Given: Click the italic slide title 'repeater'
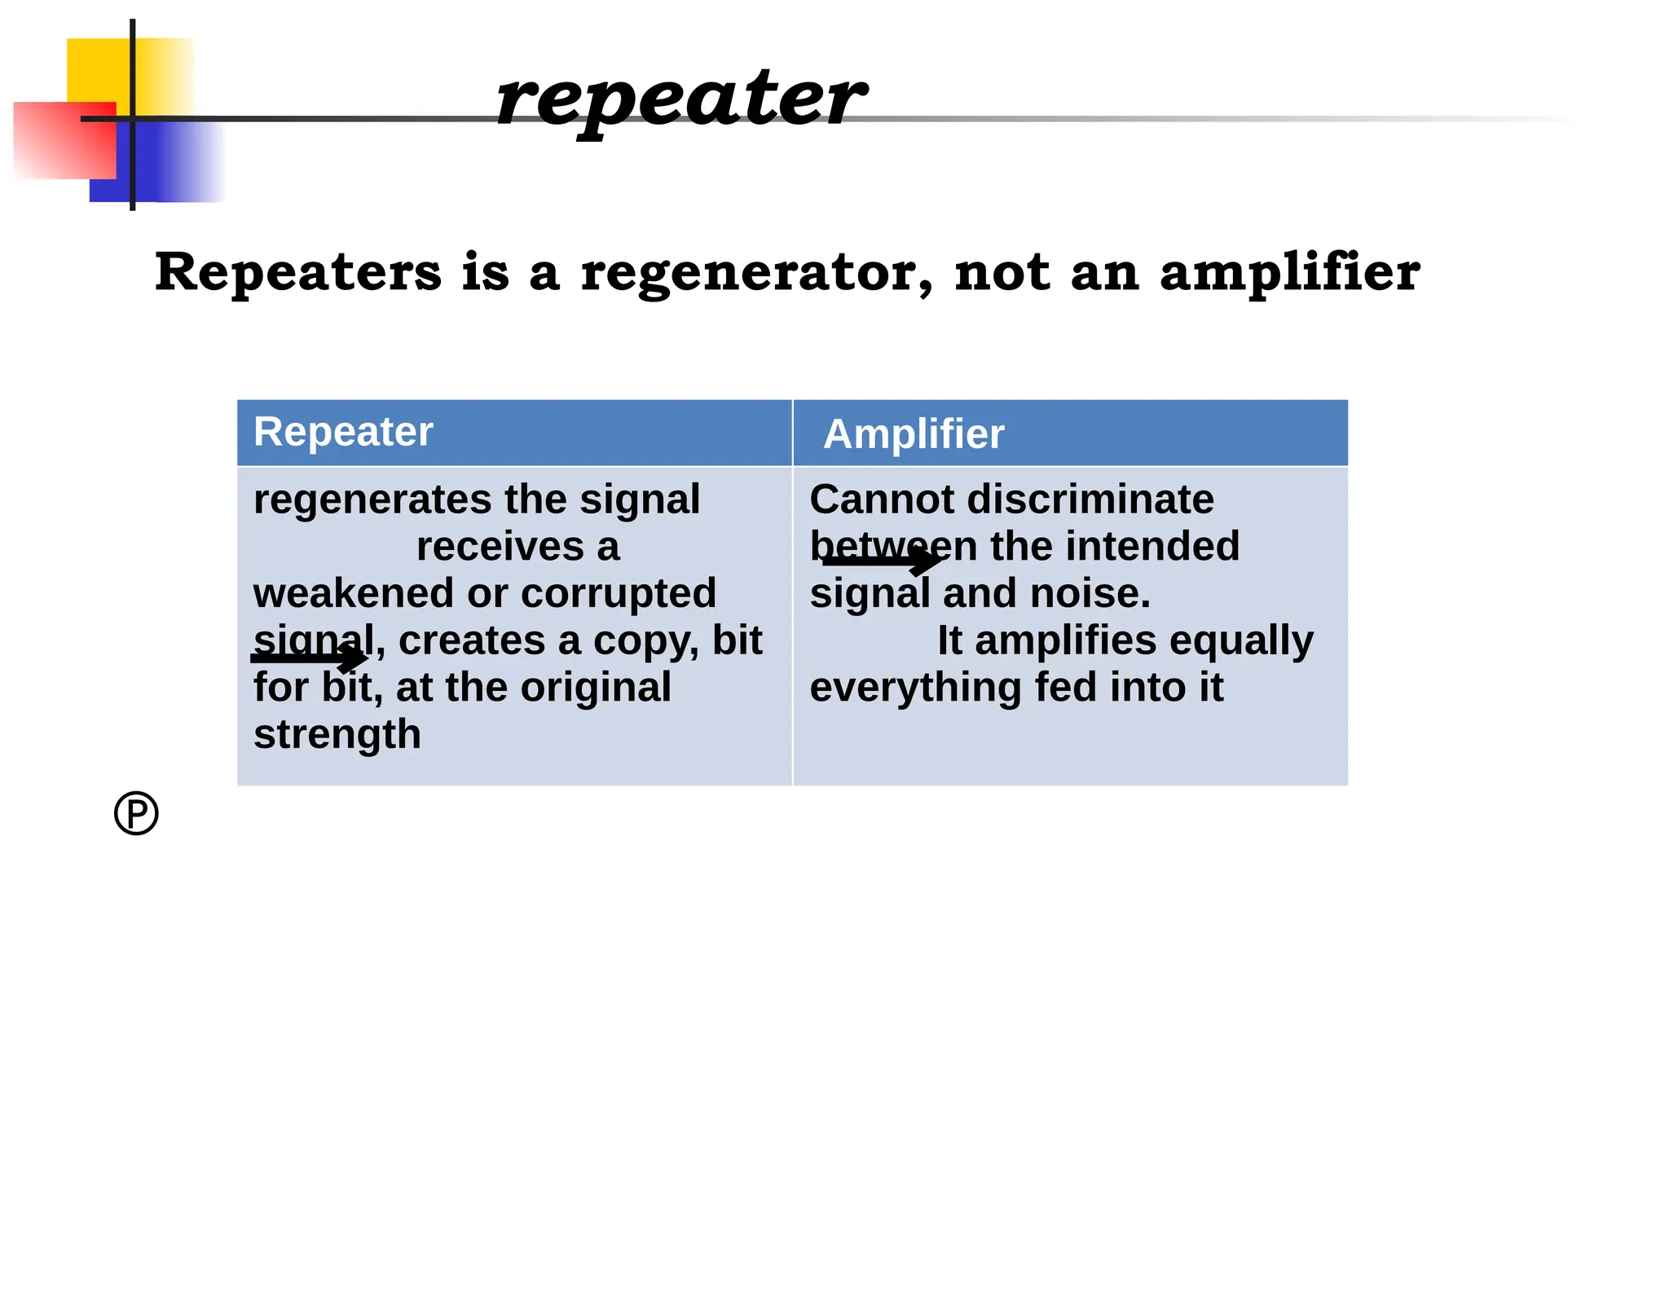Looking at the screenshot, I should [x=680, y=99].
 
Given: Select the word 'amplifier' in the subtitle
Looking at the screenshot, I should [x=1289, y=272].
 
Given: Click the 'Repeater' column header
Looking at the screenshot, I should [x=343, y=431].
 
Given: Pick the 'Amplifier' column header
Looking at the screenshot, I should [x=914, y=433].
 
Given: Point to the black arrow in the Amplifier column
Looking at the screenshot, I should [x=882, y=561].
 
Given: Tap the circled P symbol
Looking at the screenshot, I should [x=136, y=813].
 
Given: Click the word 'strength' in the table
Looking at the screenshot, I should [x=337, y=734].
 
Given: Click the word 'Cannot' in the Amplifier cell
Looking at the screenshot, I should [x=881, y=499].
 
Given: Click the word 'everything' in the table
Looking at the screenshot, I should [x=915, y=688].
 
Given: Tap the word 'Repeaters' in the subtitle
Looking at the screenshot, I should [x=298, y=272].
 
